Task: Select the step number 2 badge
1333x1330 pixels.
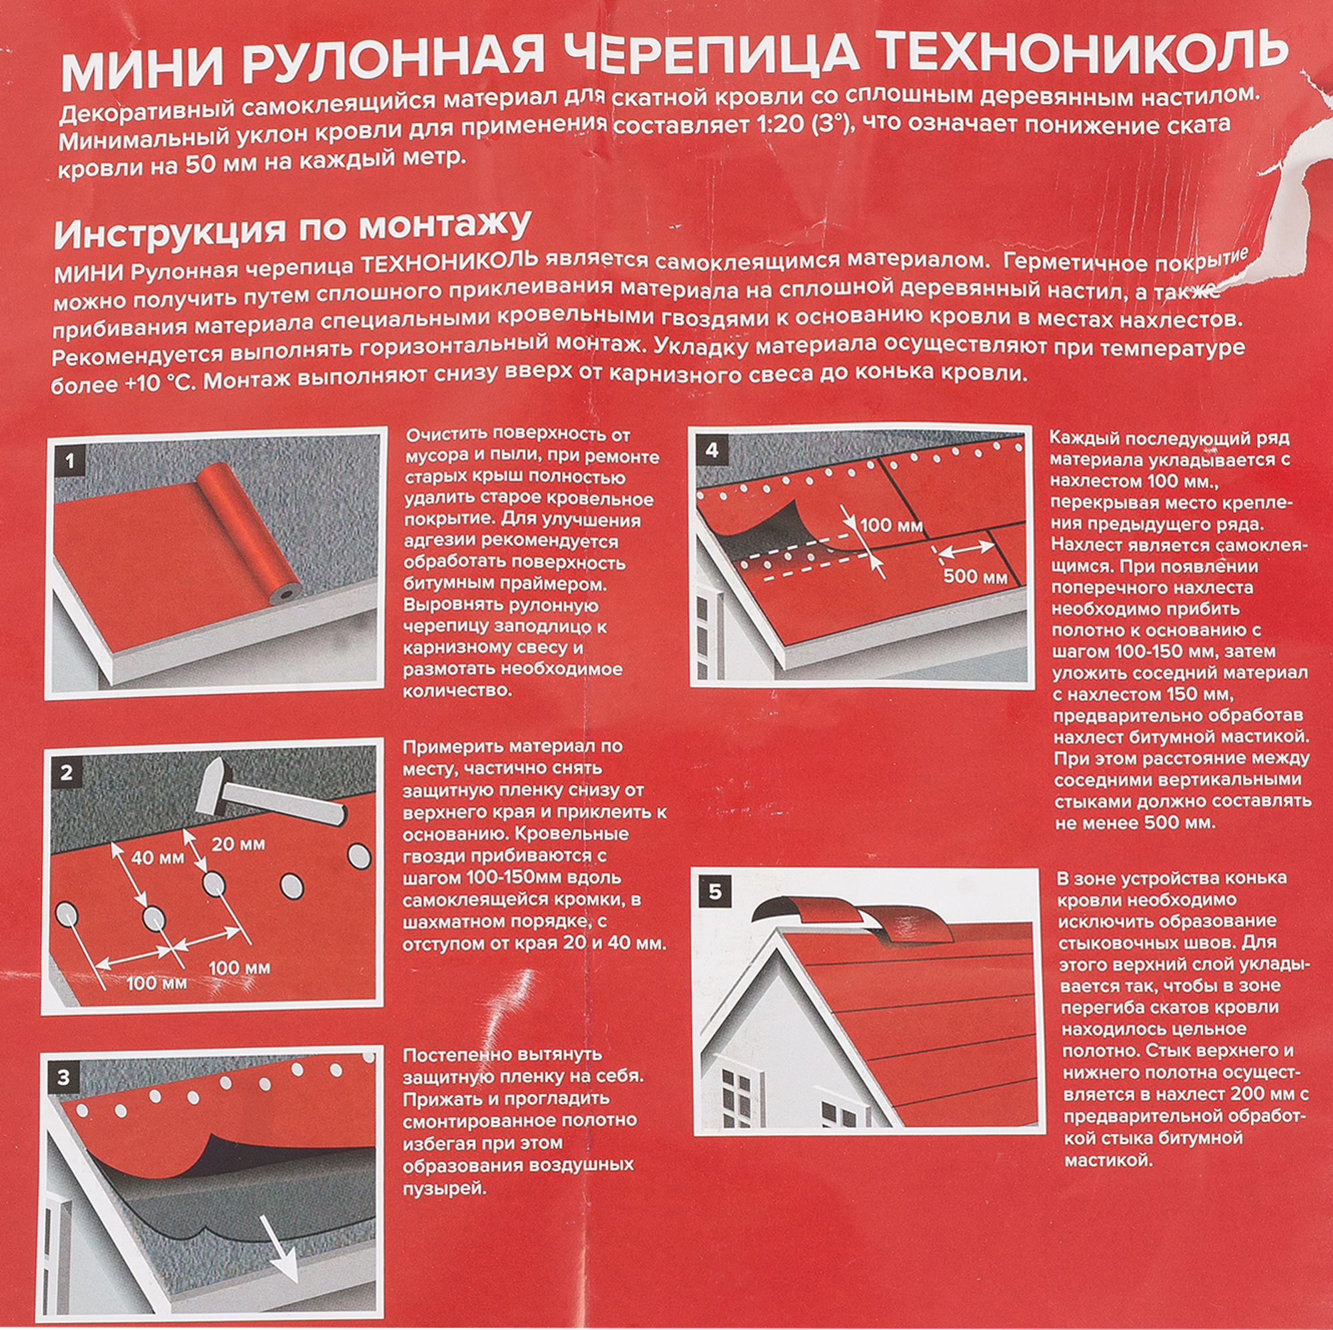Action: pos(66,772)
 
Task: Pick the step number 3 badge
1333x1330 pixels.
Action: pos(63,1077)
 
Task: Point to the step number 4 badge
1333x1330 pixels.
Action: pos(712,451)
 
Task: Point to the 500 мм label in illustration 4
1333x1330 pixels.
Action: pos(975,575)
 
